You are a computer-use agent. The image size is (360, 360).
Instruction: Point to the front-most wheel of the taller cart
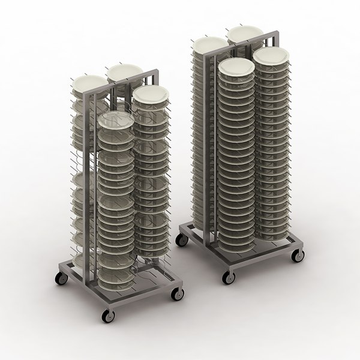coord(227,277)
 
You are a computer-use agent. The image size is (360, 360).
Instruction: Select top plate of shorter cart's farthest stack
coord(124,71)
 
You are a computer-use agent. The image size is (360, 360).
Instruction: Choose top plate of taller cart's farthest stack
coord(244,33)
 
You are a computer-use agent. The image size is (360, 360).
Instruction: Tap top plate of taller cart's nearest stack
coord(236,67)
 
